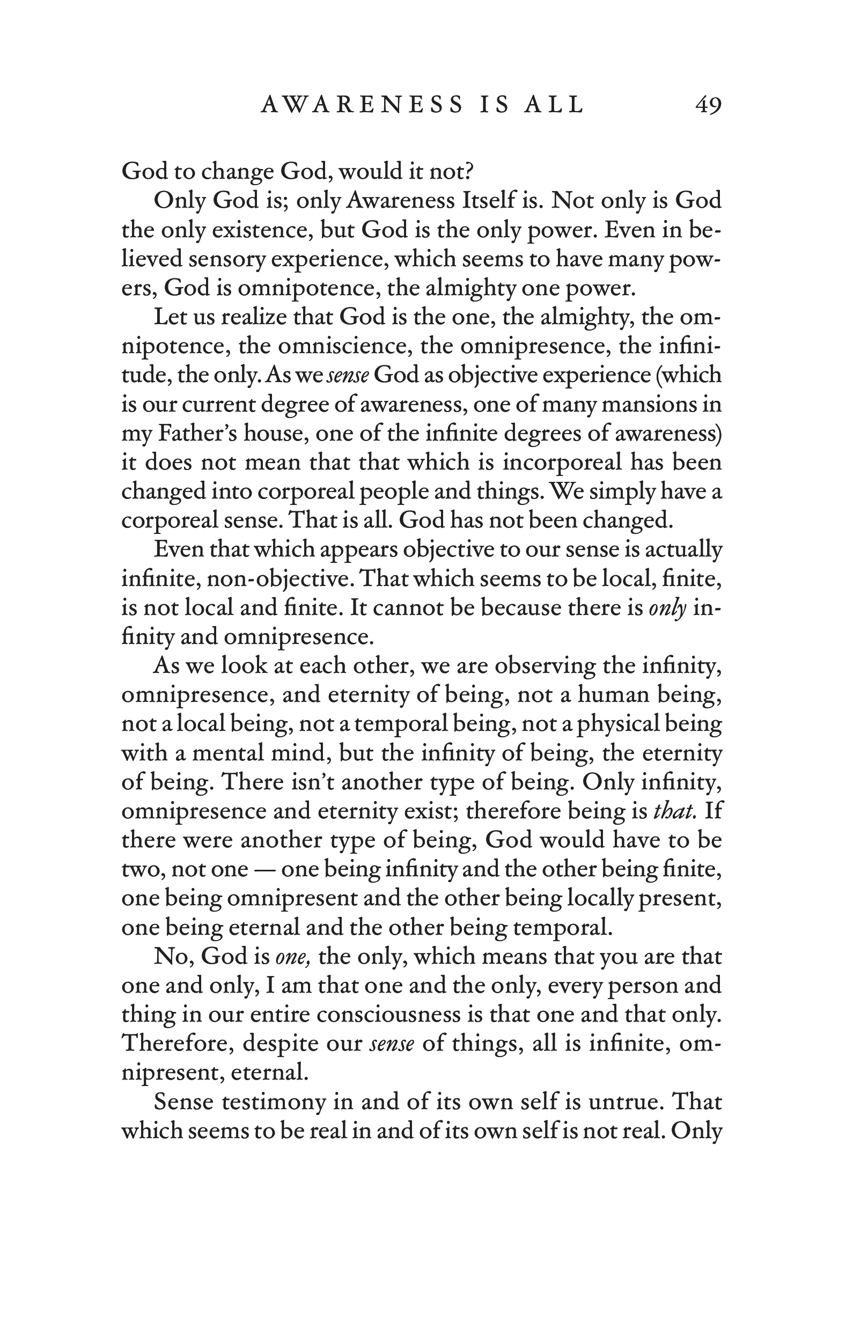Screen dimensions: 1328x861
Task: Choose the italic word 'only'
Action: pos(667,607)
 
